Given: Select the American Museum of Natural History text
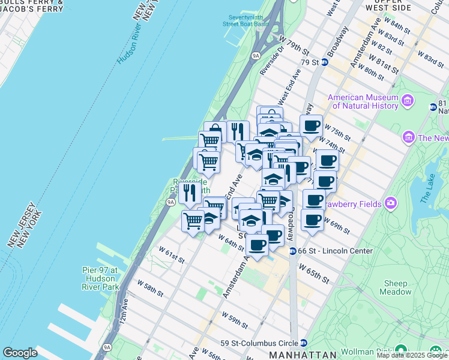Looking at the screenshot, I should point(363,101).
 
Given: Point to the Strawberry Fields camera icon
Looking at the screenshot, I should point(391,203).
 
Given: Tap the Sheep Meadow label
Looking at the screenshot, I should point(395,287).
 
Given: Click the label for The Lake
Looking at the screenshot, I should point(428,188).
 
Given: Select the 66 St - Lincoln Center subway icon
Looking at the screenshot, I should point(292,251).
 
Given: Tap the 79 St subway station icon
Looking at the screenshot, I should point(325,62).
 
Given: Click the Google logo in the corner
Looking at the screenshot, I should point(20,352).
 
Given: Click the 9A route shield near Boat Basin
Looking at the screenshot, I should point(256,55).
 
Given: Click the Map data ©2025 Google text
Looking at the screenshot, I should point(412,355).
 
